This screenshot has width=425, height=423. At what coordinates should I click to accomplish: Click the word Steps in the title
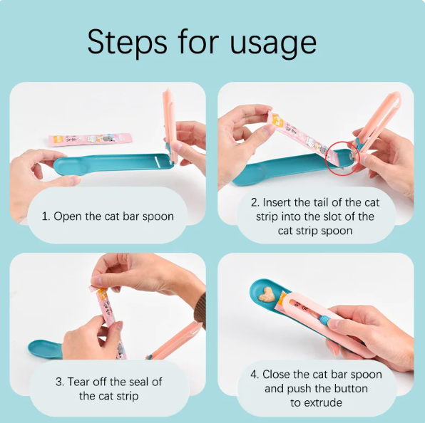(x=126, y=43)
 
